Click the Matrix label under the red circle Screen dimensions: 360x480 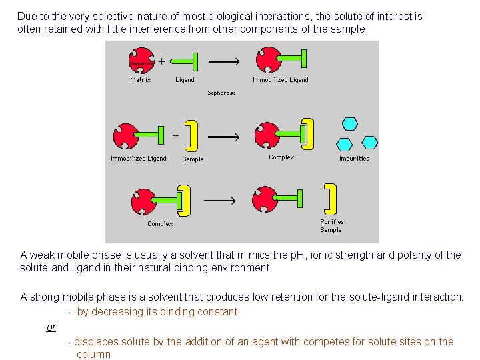[x=140, y=80]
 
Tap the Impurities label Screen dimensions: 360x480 [x=354, y=159]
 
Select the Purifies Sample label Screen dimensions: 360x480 [x=332, y=225]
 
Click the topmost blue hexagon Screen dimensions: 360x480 [x=350, y=123]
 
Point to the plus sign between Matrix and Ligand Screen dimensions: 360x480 [x=161, y=61]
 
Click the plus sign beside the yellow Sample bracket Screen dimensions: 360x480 [x=175, y=134]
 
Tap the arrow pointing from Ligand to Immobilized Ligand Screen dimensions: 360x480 [x=225, y=61]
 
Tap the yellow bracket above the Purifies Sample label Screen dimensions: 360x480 [x=330, y=198]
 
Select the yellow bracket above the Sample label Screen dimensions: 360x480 [x=192, y=136]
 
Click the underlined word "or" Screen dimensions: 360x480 [x=51, y=327]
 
